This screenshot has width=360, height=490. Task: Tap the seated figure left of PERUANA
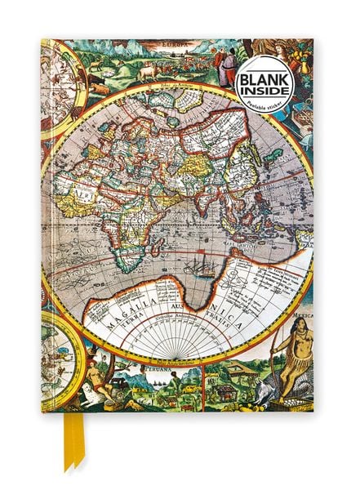pyautogui.click(x=96, y=380)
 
